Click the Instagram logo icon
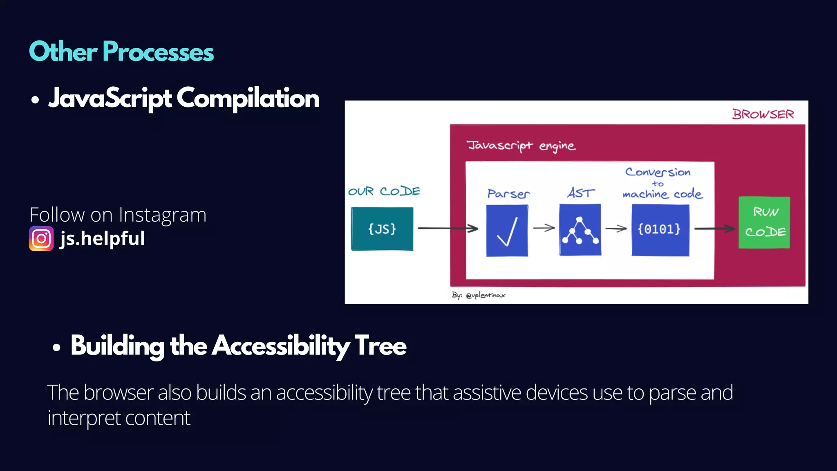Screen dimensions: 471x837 [41, 238]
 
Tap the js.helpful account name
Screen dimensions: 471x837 [102, 238]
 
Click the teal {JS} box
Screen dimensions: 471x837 [382, 229]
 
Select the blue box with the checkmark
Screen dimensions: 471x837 [507, 231]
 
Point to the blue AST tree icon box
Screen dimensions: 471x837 [580, 230]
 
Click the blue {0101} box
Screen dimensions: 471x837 [660, 230]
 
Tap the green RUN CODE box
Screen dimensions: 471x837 [764, 222]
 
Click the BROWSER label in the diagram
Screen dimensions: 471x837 [763, 114]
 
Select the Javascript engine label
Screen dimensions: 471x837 [521, 146]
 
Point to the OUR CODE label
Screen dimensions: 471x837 [384, 191]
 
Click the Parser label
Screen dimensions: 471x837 [508, 194]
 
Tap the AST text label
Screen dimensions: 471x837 [581, 193]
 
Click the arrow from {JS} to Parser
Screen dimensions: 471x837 [448, 228]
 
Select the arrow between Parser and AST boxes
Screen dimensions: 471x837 [544, 228]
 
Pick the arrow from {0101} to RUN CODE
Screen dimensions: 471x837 [714, 229]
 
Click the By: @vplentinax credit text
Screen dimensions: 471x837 [478, 295]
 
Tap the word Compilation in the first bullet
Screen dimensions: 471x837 [248, 99]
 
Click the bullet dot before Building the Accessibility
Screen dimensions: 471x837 [56, 348]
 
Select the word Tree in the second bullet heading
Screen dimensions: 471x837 [380, 346]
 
